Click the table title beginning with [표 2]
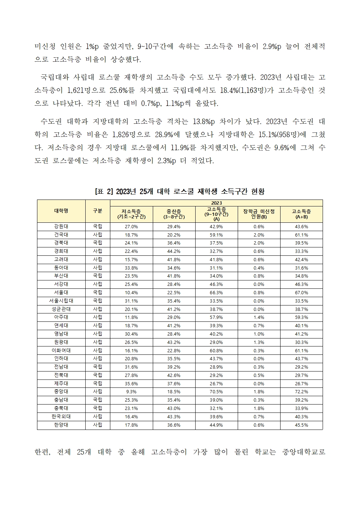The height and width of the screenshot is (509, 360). click(x=180, y=191)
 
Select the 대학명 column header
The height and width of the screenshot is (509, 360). click(x=61, y=211)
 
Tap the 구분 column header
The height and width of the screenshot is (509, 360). click(x=98, y=211)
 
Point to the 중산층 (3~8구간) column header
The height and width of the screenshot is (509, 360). click(x=174, y=214)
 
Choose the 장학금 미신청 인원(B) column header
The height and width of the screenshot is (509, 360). click(x=259, y=214)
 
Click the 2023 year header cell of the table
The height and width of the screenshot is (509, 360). click(x=216, y=203)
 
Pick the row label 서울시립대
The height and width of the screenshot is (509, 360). click(x=61, y=301)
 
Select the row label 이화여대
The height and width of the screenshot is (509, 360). click(x=61, y=350)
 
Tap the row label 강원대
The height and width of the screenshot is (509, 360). click(x=61, y=226)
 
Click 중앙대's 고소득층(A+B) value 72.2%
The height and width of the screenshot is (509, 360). click(x=301, y=391)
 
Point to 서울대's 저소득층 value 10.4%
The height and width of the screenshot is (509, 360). click(x=131, y=292)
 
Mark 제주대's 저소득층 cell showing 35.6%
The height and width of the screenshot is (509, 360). click(x=131, y=383)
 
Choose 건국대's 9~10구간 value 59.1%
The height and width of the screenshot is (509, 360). click(x=216, y=235)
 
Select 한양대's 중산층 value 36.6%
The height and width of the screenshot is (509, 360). click(x=174, y=425)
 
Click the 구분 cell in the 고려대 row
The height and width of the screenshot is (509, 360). click(x=98, y=259)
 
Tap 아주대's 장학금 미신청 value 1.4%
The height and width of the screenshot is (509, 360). click(x=259, y=317)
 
